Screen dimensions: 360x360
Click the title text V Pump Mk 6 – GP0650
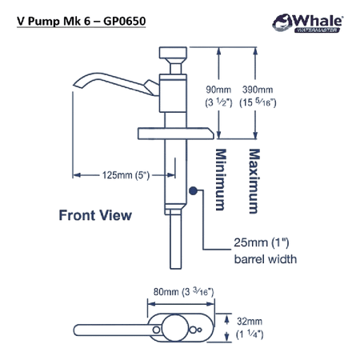tap(82, 22)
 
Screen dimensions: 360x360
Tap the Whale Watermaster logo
tap(307, 23)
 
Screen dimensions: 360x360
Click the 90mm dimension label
tap(218, 90)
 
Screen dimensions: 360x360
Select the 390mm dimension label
tap(258, 90)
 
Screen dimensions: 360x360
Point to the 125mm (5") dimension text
tap(126, 175)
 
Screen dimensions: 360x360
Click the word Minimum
tap(221, 179)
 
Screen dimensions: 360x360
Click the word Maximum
tap(254, 181)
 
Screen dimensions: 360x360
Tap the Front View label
tap(95, 215)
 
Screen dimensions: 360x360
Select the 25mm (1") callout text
tap(262, 242)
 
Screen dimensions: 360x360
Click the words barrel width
tap(266, 259)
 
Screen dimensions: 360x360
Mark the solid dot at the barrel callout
tap(193, 190)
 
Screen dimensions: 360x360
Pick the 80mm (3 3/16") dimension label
tap(183, 292)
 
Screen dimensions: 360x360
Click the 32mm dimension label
tap(250, 322)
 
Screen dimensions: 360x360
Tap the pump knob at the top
tap(173, 53)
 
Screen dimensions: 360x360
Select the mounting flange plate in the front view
tap(176, 134)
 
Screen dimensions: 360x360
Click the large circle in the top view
tap(175, 328)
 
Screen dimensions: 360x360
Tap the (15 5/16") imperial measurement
tap(258, 102)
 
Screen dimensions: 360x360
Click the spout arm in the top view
tap(114, 330)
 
